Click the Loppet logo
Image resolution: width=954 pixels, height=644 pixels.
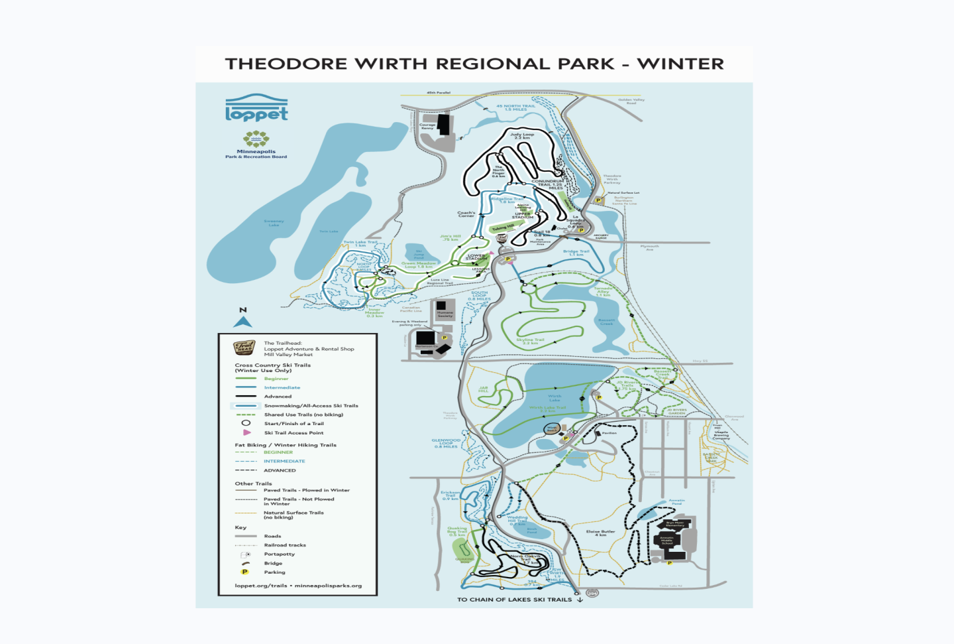pos(256,108)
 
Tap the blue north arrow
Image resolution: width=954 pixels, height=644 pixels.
pos(243,322)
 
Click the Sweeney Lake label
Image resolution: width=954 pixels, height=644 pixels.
pos(274,223)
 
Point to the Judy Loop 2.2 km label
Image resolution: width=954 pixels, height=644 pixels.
pos(522,136)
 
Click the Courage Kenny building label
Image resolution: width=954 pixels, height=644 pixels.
pos(427,126)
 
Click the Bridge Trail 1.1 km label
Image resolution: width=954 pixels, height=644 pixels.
pos(576,253)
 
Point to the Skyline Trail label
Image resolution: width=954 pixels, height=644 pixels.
pos(530,341)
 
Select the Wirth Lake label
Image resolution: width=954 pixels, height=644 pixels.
pos(555,398)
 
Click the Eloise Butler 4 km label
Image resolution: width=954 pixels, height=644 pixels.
pos(600,533)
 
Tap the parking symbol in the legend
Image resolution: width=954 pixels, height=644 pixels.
pos(245,572)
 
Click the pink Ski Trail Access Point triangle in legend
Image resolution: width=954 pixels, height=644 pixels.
pos(246,432)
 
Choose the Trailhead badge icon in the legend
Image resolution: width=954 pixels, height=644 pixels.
pos(244,348)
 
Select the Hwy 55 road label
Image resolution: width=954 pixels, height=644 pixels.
pos(700,361)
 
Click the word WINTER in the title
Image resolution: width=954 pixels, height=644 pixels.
pos(680,64)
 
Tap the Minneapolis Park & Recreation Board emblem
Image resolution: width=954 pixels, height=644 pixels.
pos(256,139)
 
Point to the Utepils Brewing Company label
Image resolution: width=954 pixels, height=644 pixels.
pos(721,434)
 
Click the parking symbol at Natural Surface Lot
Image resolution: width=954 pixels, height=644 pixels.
pos(598,200)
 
